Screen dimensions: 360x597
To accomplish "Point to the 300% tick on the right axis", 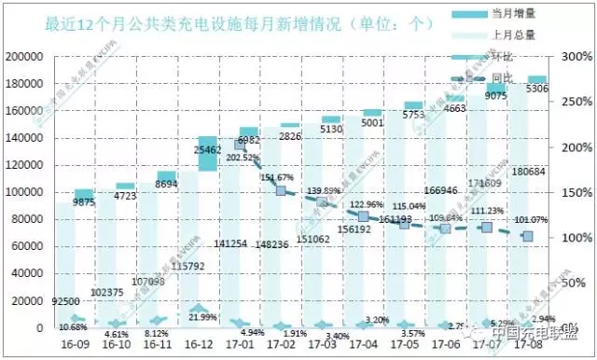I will (573, 57).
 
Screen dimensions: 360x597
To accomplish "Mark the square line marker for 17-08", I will (527, 236).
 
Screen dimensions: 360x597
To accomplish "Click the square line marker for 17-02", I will (280, 190).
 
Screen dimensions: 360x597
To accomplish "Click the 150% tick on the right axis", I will (573, 192).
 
